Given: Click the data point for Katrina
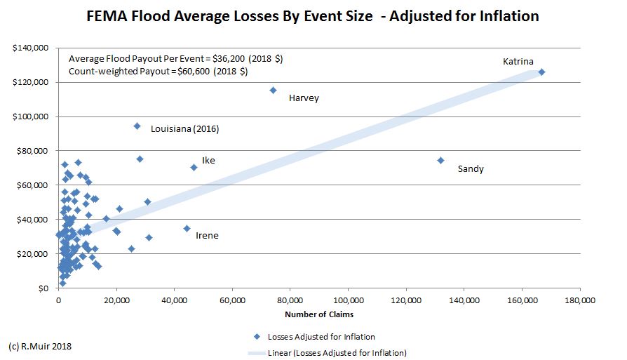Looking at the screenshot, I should pyautogui.click(x=541, y=72).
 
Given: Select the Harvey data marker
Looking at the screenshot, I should pyautogui.click(x=273, y=90).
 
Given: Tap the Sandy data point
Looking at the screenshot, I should pyautogui.click(x=440, y=160).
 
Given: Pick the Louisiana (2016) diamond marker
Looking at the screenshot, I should pyautogui.click(x=137, y=126).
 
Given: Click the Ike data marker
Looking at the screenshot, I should pyautogui.click(x=194, y=167).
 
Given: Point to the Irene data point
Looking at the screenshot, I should pyautogui.click(x=187, y=228).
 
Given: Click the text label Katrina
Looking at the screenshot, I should pyautogui.click(x=518, y=62).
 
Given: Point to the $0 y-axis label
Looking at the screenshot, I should pyautogui.click(x=44, y=288).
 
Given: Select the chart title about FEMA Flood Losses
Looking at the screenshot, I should pyautogui.click(x=313, y=15).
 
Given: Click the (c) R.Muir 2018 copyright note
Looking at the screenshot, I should pyautogui.click(x=40, y=346).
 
